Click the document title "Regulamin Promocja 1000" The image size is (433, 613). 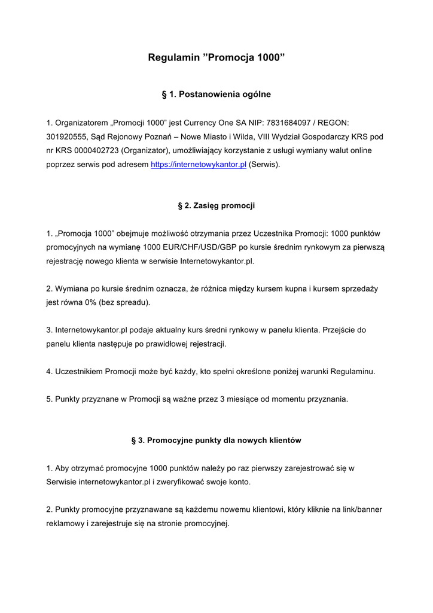point(216,58)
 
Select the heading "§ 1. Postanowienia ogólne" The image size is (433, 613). point(216,94)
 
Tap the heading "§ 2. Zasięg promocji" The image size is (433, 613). point(216,205)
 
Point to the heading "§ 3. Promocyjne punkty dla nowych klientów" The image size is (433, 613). point(216,440)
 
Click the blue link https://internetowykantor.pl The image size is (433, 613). point(199,164)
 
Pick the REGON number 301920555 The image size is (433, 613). point(67,136)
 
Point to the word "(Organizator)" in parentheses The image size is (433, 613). point(149,150)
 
